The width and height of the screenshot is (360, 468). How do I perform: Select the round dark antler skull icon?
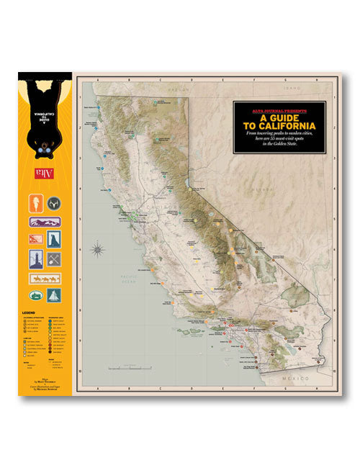[x=53, y=204]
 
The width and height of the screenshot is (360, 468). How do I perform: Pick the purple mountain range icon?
[x=44, y=222]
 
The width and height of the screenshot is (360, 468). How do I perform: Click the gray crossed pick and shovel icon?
[x=54, y=258]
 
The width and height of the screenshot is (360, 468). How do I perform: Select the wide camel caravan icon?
[x=44, y=278]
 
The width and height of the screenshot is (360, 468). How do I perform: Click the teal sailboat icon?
[x=54, y=294]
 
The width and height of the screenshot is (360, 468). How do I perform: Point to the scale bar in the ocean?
[x=137, y=368]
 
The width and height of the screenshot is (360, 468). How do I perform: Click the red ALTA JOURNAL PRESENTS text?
[x=279, y=111]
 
